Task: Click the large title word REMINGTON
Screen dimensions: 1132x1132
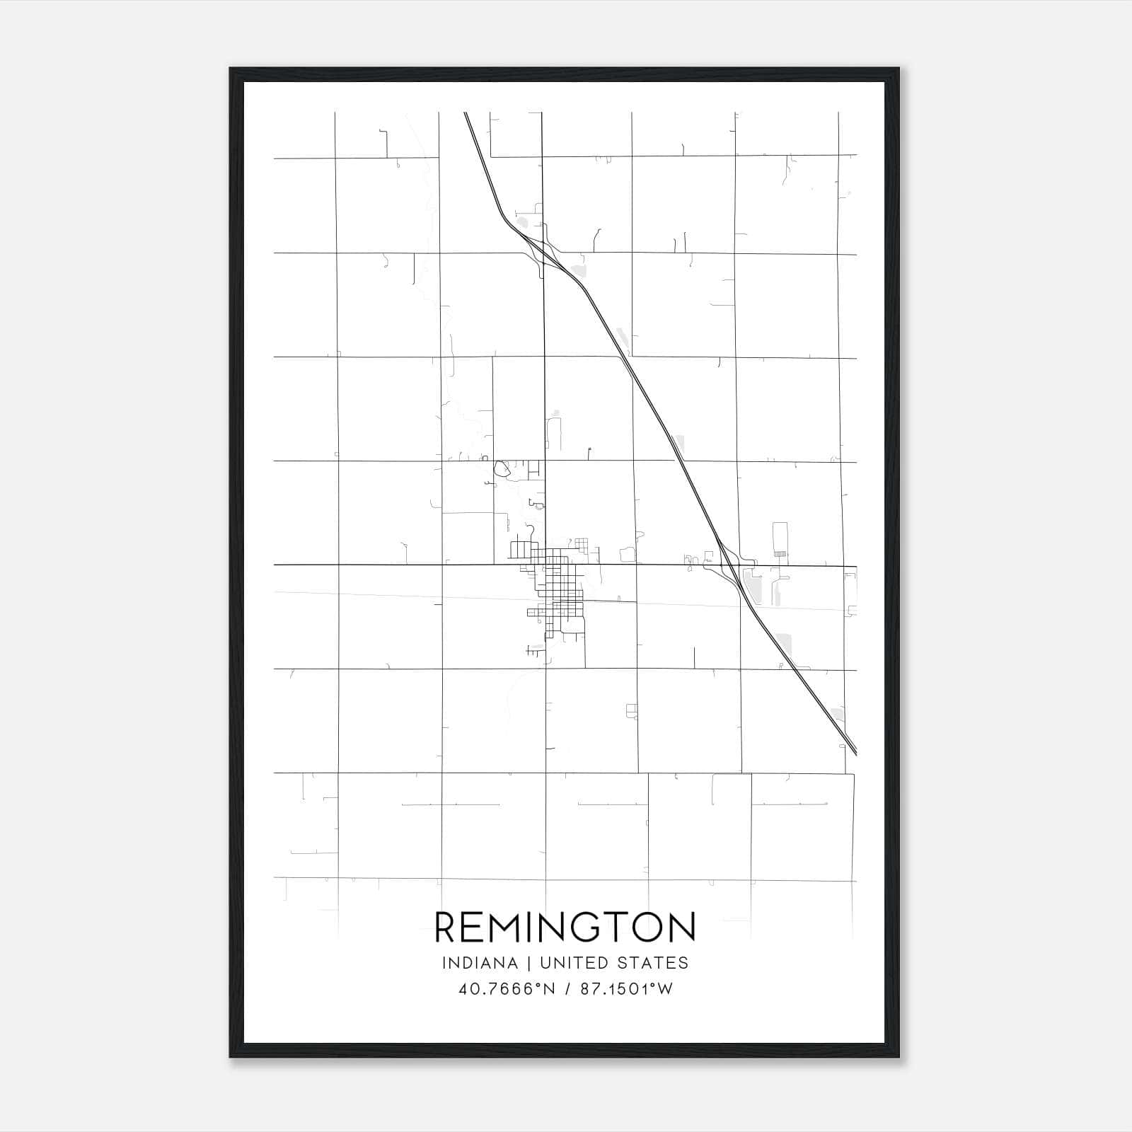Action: coord(565,927)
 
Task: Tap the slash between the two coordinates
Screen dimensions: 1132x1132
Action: coord(568,989)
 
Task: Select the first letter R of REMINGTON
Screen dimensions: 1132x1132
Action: coord(447,927)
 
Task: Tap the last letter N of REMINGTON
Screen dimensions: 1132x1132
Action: coord(683,927)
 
